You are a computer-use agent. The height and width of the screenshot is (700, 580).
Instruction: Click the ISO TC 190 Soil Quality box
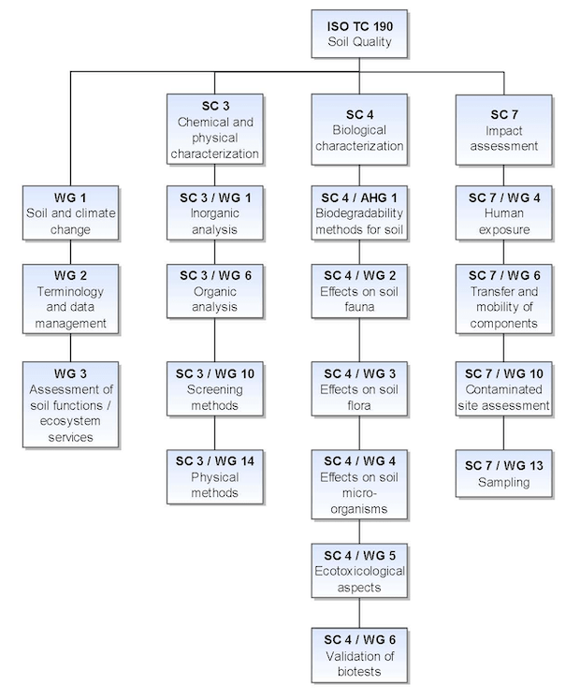coord(359,34)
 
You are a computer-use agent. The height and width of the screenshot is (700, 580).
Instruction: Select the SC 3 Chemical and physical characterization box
coord(214,129)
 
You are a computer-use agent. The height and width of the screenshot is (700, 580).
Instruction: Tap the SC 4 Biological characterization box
coord(359,129)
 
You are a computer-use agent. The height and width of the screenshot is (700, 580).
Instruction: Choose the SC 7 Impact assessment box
coord(503,129)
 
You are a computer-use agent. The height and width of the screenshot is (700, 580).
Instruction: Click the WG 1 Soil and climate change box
coord(70,213)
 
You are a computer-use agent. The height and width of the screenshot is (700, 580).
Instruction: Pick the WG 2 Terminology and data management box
coord(70,299)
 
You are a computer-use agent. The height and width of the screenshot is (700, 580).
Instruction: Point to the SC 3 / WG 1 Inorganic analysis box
coord(214,213)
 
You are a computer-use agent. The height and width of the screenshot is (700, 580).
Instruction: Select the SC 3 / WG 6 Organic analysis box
coord(214,291)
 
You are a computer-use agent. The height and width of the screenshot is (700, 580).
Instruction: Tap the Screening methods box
coord(214,389)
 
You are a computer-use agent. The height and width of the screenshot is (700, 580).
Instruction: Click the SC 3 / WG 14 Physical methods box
coord(214,476)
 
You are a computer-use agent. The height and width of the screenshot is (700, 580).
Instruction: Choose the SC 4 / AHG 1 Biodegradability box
coord(359,213)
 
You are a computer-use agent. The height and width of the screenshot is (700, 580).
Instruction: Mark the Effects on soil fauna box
coord(359,291)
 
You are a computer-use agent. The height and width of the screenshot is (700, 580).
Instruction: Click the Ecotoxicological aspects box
coord(359,571)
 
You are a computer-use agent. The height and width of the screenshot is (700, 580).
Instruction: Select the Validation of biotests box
coord(359,655)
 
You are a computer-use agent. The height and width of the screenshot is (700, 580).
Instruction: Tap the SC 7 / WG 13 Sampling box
coord(503,474)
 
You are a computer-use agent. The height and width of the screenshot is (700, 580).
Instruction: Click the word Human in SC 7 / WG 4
coord(503,213)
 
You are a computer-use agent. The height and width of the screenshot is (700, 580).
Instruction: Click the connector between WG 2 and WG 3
coord(70,348)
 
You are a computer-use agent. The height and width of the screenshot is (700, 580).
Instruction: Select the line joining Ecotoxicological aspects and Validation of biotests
coord(359,613)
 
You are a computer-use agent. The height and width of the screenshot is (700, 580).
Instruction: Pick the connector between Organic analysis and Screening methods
coord(214,341)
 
